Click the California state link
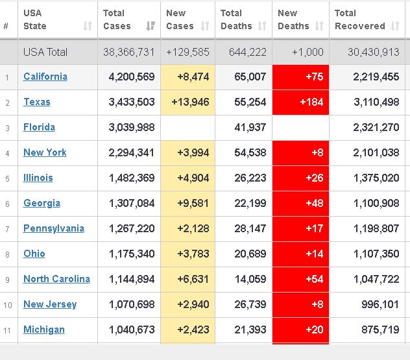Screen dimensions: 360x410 click(45, 77)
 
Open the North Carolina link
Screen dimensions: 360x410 click(56, 279)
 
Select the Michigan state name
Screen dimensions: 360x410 click(44, 330)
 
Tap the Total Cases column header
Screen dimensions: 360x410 click(117, 19)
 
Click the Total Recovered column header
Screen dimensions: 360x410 click(359, 19)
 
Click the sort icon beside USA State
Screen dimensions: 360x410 click(88, 27)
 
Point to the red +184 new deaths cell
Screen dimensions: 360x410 click(300, 102)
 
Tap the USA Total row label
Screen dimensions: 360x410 click(45, 52)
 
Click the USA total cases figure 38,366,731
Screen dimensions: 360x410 click(129, 52)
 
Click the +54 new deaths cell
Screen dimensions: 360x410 click(300, 279)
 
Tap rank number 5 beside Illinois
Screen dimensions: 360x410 click(7, 178)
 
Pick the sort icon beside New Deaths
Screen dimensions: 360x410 click(319, 27)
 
